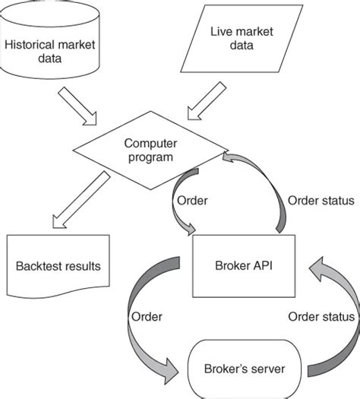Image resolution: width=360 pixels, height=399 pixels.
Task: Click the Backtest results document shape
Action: point(58,267)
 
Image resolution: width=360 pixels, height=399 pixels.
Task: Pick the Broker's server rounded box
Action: point(245,369)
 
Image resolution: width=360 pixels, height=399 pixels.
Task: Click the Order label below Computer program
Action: point(191,201)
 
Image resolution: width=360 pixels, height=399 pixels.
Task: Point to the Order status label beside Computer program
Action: point(320,201)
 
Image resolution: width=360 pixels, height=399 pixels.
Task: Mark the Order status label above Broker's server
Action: point(322,316)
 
